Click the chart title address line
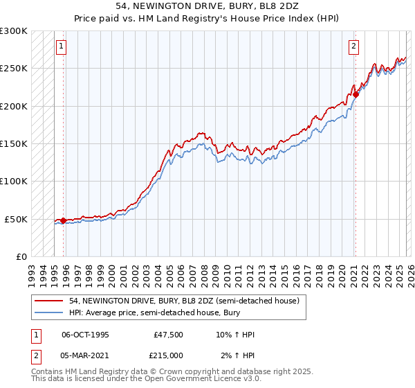207,6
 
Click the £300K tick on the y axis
14,31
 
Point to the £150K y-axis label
14,143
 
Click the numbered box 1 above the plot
61,46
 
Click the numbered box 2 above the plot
353,46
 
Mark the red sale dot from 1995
63,221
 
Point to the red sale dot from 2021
355,95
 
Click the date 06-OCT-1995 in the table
85,335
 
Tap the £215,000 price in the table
169,355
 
